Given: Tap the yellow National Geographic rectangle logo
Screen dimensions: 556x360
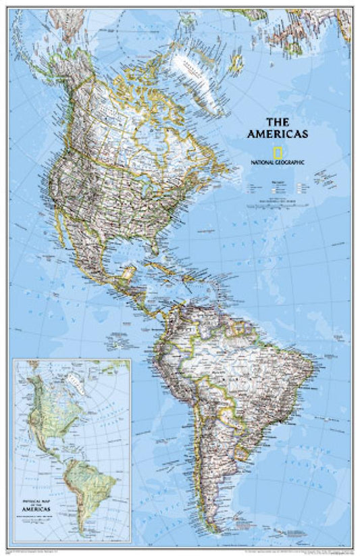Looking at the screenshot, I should pos(277,151).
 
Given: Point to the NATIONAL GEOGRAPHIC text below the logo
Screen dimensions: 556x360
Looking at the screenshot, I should pos(278,162).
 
